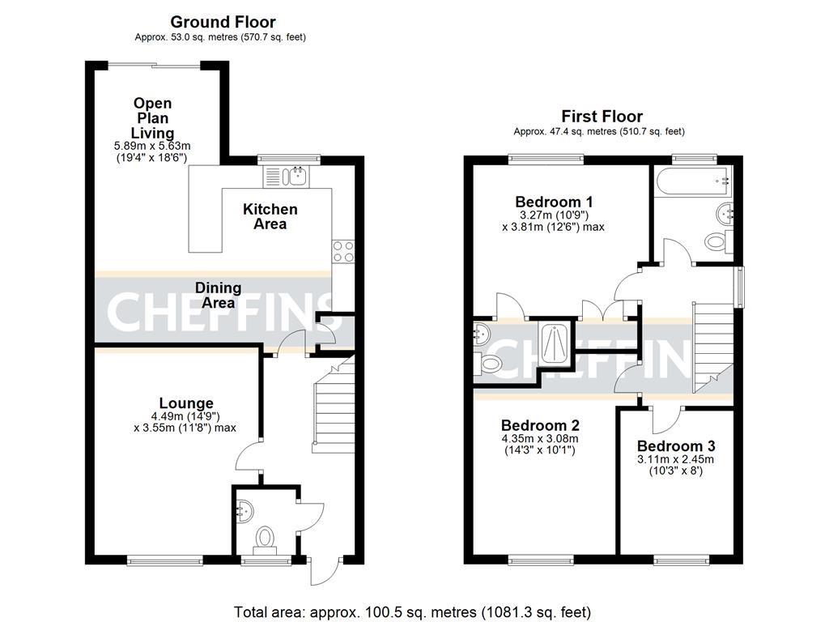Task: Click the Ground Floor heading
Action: pos(223,22)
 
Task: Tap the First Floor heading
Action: pos(602,117)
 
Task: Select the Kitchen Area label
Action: pos(270,216)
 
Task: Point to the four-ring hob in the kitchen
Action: pos(343,251)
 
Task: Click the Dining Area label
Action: pos(219,295)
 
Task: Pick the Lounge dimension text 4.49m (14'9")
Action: pos(185,416)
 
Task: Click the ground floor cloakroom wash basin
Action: pos(244,512)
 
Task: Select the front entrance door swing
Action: pos(324,571)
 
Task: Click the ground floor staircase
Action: pos(334,405)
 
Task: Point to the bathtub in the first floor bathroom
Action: pos(694,181)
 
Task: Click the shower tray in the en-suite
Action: pos(555,343)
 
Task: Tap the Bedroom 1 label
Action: pos(554,202)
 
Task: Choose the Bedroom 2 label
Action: pos(540,425)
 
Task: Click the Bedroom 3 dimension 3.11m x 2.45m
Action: pos(676,460)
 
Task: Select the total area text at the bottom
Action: pos(412,612)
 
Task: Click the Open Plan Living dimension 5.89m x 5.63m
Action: pos(152,146)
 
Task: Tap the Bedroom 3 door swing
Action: pos(666,420)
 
